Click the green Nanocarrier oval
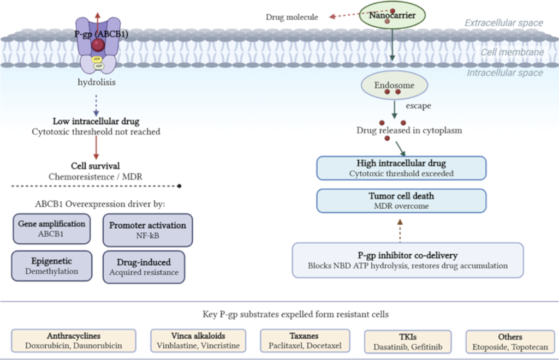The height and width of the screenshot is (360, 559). point(392,15)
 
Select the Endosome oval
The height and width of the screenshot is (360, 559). point(394,86)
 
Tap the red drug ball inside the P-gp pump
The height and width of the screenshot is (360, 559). point(98,45)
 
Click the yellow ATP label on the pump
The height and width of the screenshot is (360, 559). point(97,59)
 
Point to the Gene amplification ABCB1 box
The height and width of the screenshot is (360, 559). point(52,229)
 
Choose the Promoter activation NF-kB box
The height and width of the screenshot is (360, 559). point(147,230)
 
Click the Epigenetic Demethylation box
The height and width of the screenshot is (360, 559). point(52,266)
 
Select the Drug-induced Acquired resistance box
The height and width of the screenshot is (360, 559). point(144,267)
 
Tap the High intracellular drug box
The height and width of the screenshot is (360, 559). point(401,168)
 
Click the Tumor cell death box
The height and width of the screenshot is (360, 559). point(401,201)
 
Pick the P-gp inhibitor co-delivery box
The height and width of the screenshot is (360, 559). point(408,260)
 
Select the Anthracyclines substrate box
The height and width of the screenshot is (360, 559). point(74,341)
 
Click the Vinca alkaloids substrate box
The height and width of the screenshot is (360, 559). point(198,341)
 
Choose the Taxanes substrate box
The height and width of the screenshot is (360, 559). point(305,341)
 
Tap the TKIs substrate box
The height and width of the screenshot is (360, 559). point(408,342)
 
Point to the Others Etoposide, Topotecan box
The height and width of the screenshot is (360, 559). point(510,342)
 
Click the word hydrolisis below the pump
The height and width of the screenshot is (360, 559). point(97,82)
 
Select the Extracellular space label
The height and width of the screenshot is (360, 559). point(504,23)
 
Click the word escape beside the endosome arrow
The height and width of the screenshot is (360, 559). point(419,106)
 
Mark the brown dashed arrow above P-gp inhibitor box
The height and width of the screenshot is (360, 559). point(400,231)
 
